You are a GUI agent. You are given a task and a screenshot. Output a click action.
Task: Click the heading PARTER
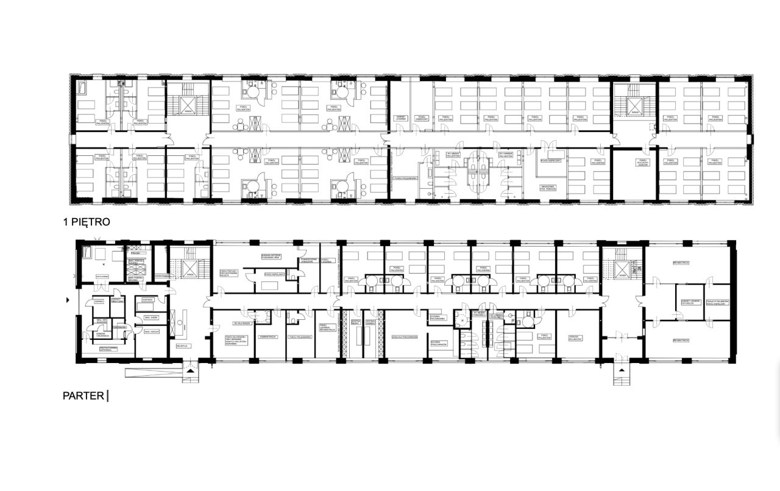coord(83,395)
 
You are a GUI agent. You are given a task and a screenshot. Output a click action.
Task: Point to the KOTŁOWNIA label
coord(85,276)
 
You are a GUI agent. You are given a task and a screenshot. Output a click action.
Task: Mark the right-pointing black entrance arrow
coord(68,300)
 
